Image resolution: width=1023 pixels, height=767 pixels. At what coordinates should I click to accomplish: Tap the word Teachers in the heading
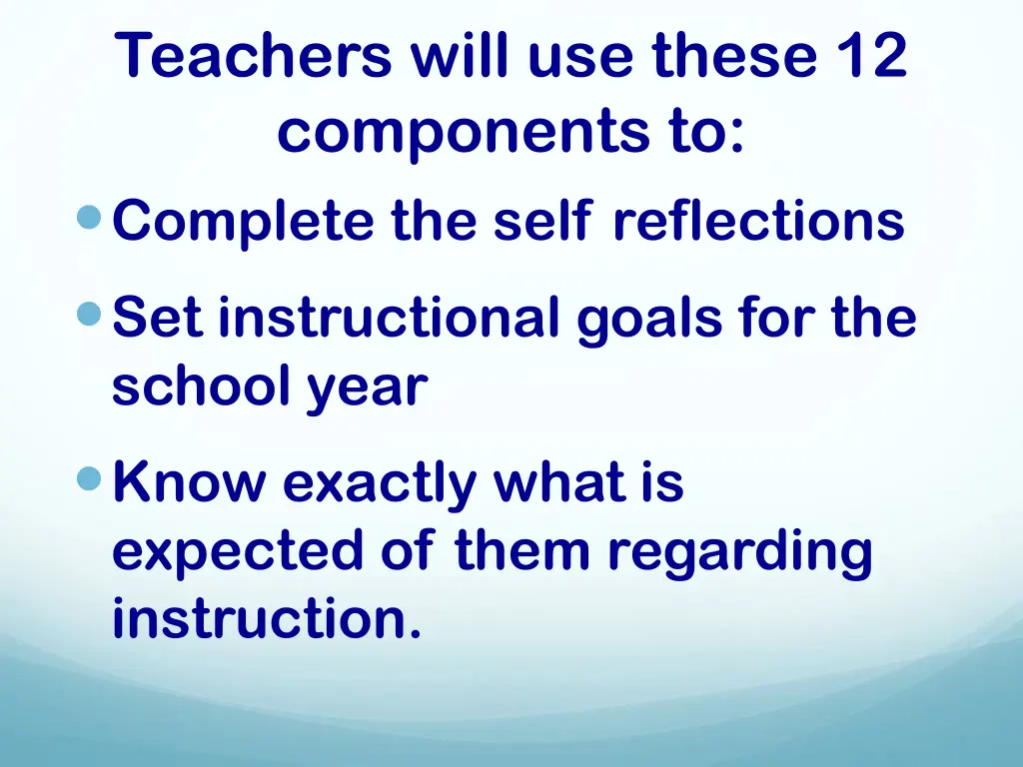pos(254,57)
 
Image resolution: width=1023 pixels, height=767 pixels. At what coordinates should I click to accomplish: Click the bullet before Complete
pos(91,216)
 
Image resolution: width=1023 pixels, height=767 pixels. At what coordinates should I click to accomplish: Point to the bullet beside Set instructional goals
pos(91,316)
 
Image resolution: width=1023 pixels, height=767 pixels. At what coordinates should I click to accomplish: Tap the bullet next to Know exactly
pos(91,480)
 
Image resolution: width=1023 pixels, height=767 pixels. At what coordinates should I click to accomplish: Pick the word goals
pos(649,321)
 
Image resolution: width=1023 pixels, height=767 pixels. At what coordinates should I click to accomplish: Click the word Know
pos(190,483)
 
